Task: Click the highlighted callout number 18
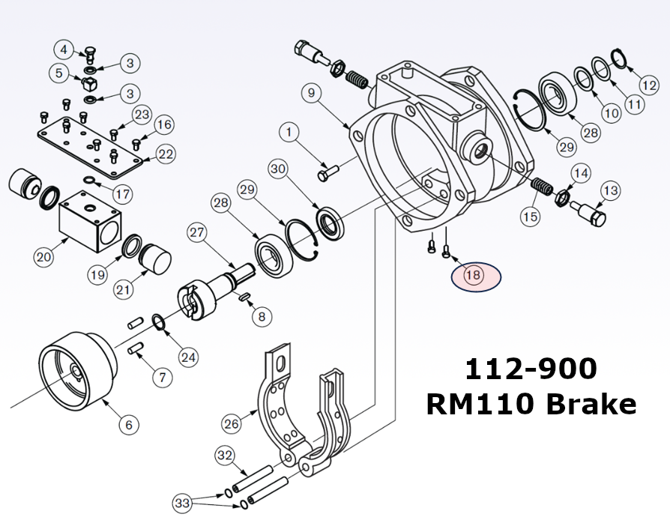point(474,275)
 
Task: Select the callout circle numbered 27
point(196,232)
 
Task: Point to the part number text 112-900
point(531,369)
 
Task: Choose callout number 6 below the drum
point(128,425)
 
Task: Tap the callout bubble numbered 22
point(165,154)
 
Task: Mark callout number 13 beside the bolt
point(611,191)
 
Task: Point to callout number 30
point(279,169)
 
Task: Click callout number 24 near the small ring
point(189,357)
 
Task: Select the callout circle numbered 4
point(64,50)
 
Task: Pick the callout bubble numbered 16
point(164,124)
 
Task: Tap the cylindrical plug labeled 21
point(155,259)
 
